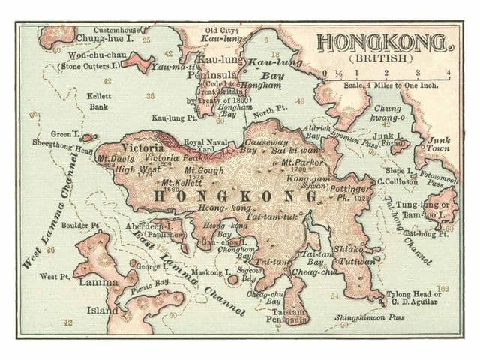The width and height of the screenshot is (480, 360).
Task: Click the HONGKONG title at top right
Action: pyautogui.click(x=383, y=42)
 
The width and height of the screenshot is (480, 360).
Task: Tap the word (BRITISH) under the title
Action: pyautogui.click(x=384, y=58)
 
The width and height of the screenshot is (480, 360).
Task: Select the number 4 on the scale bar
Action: pyautogui.click(x=448, y=73)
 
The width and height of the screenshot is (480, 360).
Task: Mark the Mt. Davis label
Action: pyautogui.click(x=112, y=159)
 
